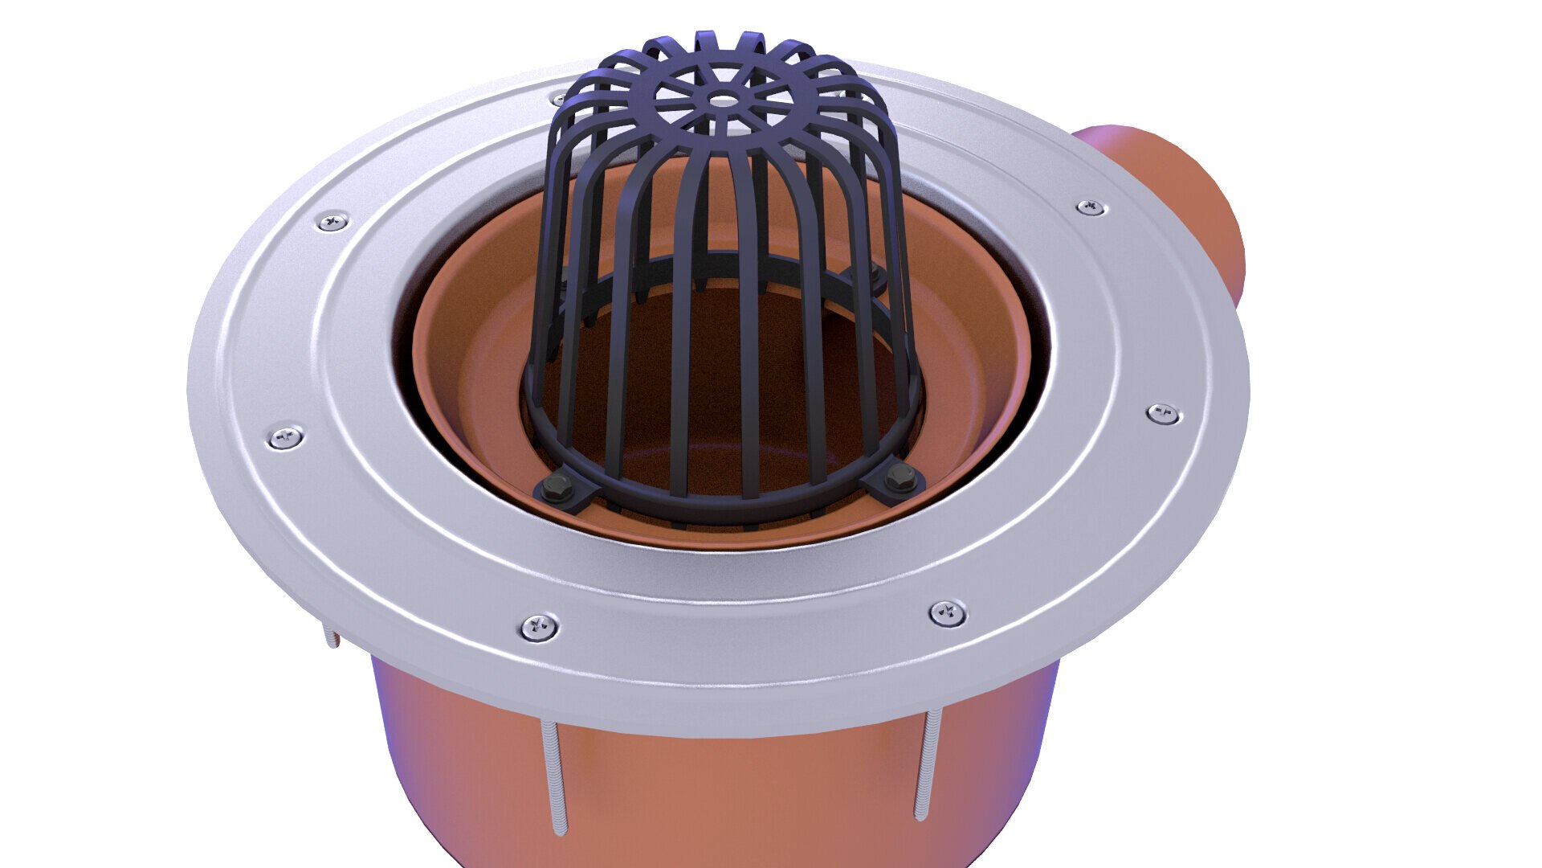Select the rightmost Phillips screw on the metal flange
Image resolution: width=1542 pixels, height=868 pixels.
click(1162, 414)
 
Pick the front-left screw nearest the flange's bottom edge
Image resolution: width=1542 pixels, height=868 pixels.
click(539, 627)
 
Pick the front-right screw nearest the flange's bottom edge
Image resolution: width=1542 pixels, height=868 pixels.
click(948, 613)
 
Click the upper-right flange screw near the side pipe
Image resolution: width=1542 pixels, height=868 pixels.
click(1091, 207)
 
